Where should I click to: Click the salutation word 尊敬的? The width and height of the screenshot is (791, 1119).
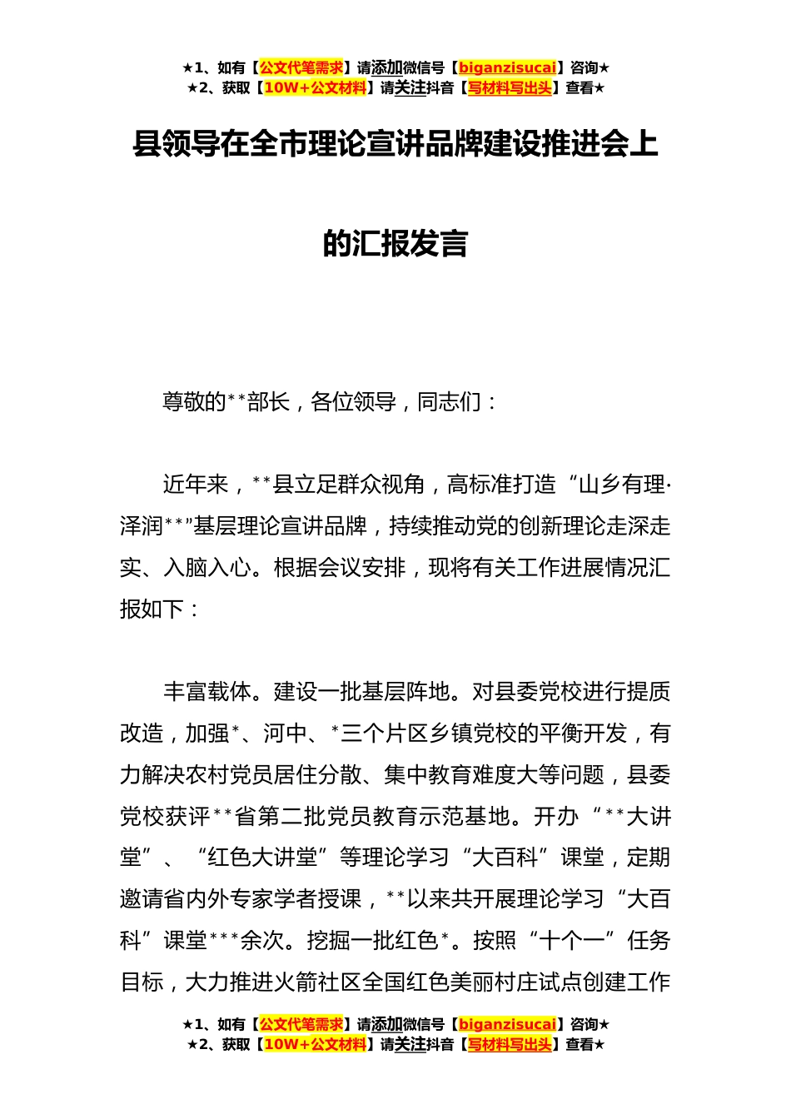(x=194, y=402)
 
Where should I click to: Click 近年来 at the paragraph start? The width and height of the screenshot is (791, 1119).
(x=195, y=485)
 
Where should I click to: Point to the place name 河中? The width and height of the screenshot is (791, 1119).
(x=285, y=734)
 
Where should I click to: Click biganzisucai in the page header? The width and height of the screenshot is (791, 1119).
(x=507, y=68)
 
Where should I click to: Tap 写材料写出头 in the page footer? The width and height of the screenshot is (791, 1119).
(x=510, y=1044)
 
